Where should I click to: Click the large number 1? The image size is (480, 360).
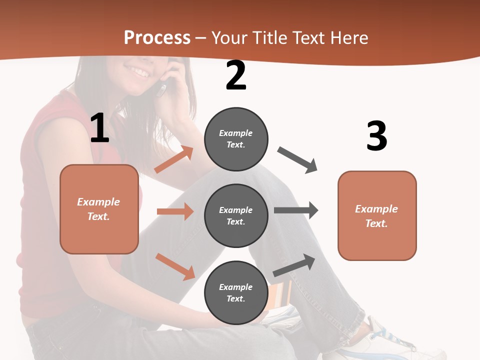[x=99, y=129]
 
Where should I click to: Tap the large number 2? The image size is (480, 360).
[x=236, y=76]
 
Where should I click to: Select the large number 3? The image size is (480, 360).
[x=376, y=136]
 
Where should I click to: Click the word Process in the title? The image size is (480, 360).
[x=157, y=37]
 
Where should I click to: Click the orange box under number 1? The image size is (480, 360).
[x=99, y=209]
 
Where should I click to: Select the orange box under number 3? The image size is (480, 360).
[x=377, y=215]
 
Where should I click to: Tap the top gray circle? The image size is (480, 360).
[x=236, y=139]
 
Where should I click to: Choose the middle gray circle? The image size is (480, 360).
[x=236, y=215]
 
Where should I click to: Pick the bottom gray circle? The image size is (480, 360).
[x=236, y=292]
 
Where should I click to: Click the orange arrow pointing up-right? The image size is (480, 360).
[x=174, y=159]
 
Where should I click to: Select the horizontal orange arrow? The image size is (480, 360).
[x=175, y=211]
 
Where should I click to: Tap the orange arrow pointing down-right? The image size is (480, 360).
[x=175, y=266]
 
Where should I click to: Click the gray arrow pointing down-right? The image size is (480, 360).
[x=297, y=160]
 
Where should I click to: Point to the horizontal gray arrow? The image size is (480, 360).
[x=296, y=210]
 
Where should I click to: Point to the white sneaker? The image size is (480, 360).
[x=395, y=340]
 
